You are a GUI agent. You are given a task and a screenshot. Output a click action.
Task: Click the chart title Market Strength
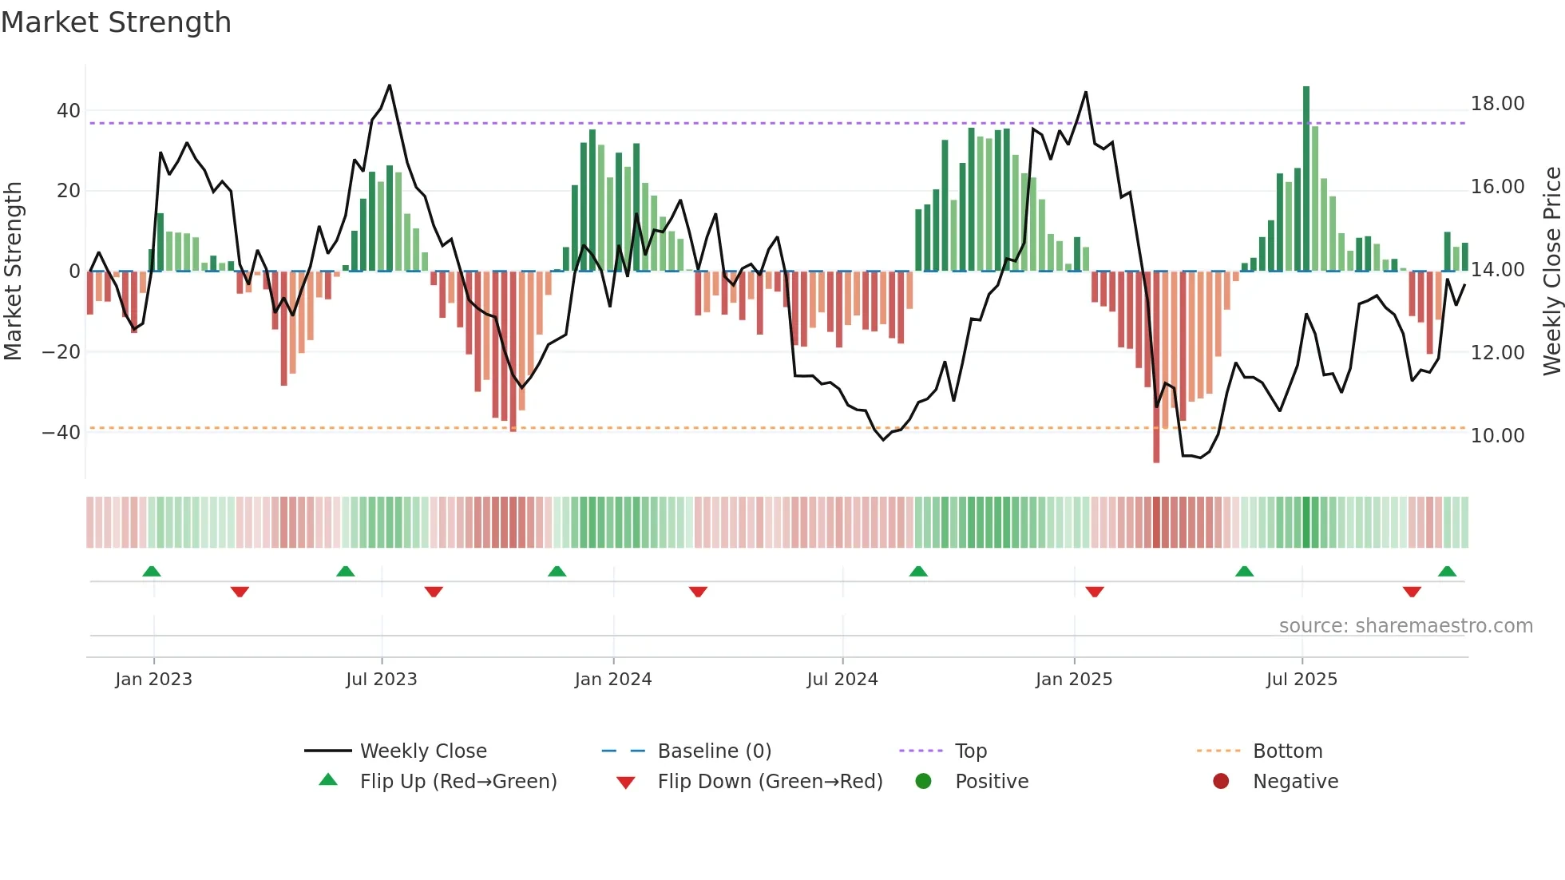click(x=116, y=22)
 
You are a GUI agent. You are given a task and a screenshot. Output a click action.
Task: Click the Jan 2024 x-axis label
click(x=612, y=680)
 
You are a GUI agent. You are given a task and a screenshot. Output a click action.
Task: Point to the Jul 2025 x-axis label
click(x=1301, y=680)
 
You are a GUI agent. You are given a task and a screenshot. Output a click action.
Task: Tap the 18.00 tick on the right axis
click(x=1497, y=104)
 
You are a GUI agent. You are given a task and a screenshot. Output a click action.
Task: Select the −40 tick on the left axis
click(x=61, y=433)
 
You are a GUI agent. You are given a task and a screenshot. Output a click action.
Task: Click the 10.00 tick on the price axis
click(x=1497, y=436)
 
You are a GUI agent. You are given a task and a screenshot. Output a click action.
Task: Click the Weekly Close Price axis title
click(x=1551, y=271)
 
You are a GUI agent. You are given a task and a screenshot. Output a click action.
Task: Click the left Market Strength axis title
click(x=13, y=271)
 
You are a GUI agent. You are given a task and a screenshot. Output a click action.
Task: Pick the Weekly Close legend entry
click(x=422, y=751)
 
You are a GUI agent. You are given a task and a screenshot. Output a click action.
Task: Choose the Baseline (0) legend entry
click(x=714, y=751)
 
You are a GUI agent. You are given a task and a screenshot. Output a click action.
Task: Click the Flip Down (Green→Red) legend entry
click(x=769, y=782)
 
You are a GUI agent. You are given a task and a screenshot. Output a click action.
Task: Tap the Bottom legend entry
click(x=1287, y=751)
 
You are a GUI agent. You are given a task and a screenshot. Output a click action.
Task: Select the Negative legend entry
click(x=1294, y=782)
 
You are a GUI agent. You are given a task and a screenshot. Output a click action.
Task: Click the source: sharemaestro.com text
click(x=1405, y=626)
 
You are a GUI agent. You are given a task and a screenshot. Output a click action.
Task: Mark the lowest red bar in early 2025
click(x=1156, y=367)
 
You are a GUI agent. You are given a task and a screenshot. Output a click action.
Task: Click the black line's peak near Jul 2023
click(x=390, y=85)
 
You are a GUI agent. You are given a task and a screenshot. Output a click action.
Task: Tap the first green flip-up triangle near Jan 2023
click(x=152, y=571)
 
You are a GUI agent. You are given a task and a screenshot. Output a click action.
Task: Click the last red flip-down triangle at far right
click(x=1412, y=592)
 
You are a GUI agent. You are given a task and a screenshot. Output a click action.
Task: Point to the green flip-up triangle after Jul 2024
click(x=918, y=571)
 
